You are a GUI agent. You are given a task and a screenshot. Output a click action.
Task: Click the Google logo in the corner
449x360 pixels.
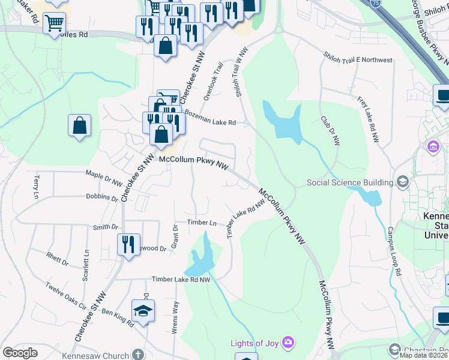(x=20, y=353)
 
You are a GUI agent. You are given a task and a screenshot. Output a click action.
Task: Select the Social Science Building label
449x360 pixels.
(x=349, y=182)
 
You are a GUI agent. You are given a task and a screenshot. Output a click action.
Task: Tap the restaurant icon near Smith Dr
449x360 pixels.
(x=128, y=244)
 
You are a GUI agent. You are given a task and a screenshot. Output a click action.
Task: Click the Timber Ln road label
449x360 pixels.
(x=201, y=223)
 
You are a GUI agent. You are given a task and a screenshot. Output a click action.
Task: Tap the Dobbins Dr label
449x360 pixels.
(x=101, y=197)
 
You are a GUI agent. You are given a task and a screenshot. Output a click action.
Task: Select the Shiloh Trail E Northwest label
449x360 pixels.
(x=358, y=60)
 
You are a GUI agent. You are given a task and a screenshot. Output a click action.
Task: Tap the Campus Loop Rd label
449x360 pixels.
(x=394, y=251)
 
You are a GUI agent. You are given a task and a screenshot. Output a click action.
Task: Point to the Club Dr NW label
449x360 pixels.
(x=331, y=130)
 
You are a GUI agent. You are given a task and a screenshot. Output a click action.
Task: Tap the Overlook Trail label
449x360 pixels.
(x=213, y=82)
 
